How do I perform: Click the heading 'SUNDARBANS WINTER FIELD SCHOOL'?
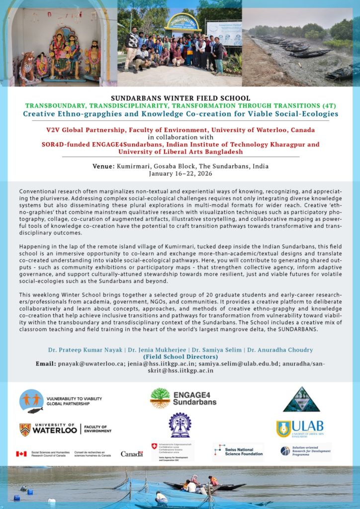[x=180, y=98]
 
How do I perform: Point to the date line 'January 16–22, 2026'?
[x=180, y=173]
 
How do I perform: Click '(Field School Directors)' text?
[x=180, y=356]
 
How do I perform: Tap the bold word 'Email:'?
[x=49, y=363]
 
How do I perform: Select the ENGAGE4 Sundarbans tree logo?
[x=160, y=398]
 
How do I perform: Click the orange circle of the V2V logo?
[x=31, y=401]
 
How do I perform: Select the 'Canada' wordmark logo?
[x=132, y=454]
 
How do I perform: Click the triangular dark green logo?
[x=301, y=400]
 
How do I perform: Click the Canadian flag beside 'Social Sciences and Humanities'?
[x=21, y=453]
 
